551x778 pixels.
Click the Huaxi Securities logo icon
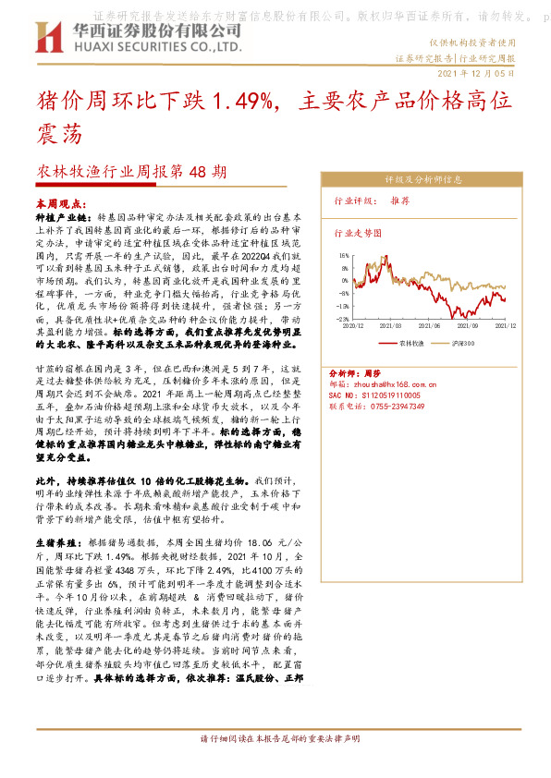(x=49, y=38)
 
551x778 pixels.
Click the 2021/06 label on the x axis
(x=433, y=326)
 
